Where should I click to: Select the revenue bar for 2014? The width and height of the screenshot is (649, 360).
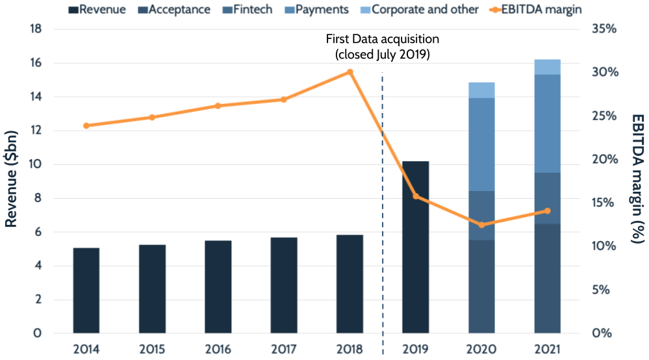tap(86, 290)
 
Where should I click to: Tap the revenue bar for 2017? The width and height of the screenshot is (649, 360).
tap(284, 285)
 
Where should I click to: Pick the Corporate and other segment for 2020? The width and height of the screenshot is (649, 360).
tap(481, 90)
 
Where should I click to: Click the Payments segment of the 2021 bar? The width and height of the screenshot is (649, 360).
tap(547, 123)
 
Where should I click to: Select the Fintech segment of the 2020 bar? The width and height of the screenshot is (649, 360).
tap(481, 216)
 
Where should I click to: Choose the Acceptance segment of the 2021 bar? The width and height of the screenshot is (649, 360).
tap(547, 279)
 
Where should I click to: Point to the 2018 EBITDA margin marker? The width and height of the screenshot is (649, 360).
tap(350, 72)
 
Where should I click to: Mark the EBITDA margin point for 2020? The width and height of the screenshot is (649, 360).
tap(481, 225)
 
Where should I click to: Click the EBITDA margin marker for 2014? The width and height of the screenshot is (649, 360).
tap(86, 125)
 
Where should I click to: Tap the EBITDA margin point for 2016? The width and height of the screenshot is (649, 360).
tap(218, 105)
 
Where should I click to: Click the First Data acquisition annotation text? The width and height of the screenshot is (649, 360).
tap(382, 47)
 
